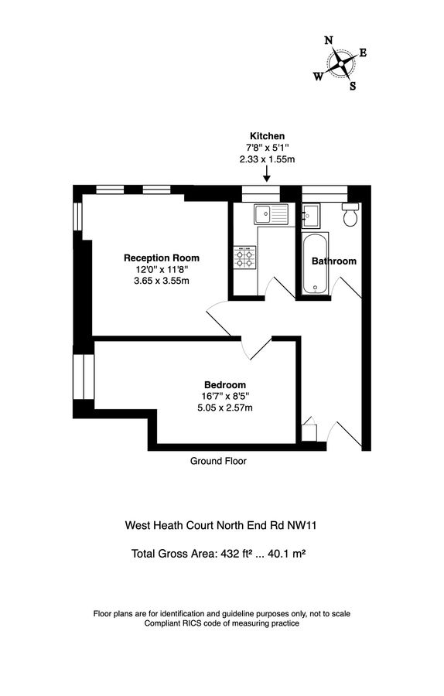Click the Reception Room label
point(162,258)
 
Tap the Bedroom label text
point(225,385)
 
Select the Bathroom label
point(334,261)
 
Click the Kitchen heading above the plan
point(267,136)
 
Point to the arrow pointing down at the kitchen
point(267,177)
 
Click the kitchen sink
point(270,212)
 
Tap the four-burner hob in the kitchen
point(245,258)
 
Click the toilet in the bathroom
point(350,214)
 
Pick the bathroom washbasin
point(312,212)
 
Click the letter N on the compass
point(328,41)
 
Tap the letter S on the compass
point(353,86)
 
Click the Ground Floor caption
point(218,461)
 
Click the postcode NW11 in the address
point(302,525)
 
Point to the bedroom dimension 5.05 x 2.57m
point(225,408)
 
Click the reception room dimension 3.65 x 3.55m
point(162,281)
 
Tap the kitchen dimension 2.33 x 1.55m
point(267,159)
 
